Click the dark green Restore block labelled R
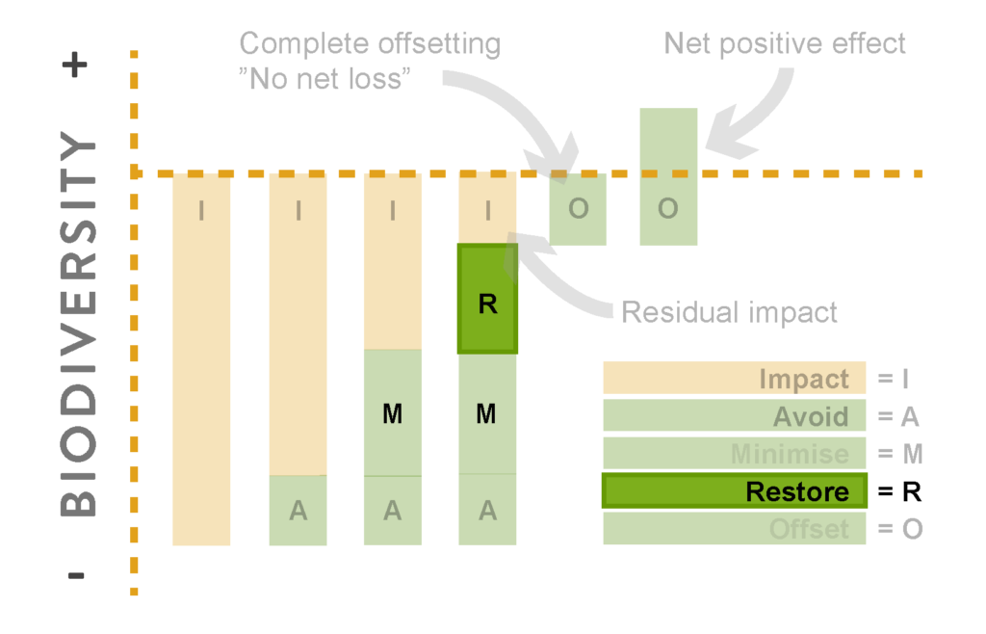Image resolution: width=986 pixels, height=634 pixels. click(x=487, y=299)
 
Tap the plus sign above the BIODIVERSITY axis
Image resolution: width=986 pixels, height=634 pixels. click(x=75, y=65)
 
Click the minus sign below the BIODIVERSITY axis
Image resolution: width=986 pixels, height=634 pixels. click(x=75, y=575)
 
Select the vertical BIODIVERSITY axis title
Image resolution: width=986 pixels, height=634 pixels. click(x=78, y=324)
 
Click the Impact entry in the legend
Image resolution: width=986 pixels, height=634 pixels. click(x=735, y=378)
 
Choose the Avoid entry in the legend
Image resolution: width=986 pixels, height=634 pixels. click(x=735, y=415)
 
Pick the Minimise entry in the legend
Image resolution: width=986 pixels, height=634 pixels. click(x=735, y=453)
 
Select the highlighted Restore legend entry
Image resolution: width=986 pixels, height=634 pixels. click(x=735, y=490)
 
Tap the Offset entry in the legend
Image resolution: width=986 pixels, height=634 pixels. click(x=735, y=528)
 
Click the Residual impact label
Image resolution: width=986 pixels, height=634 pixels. click(x=730, y=312)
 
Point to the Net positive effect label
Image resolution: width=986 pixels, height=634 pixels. click(x=785, y=43)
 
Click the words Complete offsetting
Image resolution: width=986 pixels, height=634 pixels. click(x=370, y=44)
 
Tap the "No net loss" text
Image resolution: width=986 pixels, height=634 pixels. click(x=324, y=79)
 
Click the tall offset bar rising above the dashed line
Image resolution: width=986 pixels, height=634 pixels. click(x=668, y=176)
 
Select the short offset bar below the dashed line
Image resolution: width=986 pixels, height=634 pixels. click(x=578, y=209)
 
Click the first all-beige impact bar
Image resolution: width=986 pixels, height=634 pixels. click(x=201, y=359)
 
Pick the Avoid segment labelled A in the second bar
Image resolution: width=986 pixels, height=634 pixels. click(x=298, y=510)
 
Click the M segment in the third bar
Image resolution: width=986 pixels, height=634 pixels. click(x=393, y=412)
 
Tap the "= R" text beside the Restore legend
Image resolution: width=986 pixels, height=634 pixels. click(x=900, y=491)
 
